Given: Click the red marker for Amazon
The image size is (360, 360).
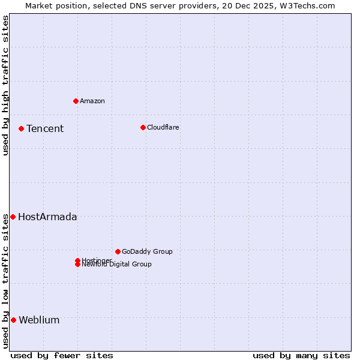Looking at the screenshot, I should (x=76, y=101).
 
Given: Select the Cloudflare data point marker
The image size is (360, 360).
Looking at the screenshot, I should (x=143, y=127).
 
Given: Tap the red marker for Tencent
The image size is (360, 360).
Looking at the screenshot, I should (x=21, y=128).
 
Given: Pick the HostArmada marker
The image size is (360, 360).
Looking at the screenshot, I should (x=13, y=217).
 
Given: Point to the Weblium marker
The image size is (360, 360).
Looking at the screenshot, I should (x=13, y=320).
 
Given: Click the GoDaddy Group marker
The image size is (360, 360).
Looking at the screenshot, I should (x=118, y=251).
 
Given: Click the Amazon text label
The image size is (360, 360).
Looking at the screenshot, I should (x=92, y=101).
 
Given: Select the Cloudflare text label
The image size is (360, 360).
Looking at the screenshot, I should (x=163, y=127).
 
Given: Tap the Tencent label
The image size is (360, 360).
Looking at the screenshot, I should (x=44, y=128).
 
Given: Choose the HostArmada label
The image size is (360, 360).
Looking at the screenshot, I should (x=47, y=217).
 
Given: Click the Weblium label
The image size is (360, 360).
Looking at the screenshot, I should (x=39, y=320).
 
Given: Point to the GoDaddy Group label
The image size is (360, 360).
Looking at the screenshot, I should (x=147, y=251).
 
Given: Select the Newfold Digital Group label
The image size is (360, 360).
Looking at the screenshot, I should (x=116, y=265).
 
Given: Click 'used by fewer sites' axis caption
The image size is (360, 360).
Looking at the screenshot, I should (x=62, y=355).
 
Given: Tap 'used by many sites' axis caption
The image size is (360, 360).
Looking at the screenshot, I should (x=301, y=355).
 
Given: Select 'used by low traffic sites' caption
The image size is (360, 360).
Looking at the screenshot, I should (x=5, y=280).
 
